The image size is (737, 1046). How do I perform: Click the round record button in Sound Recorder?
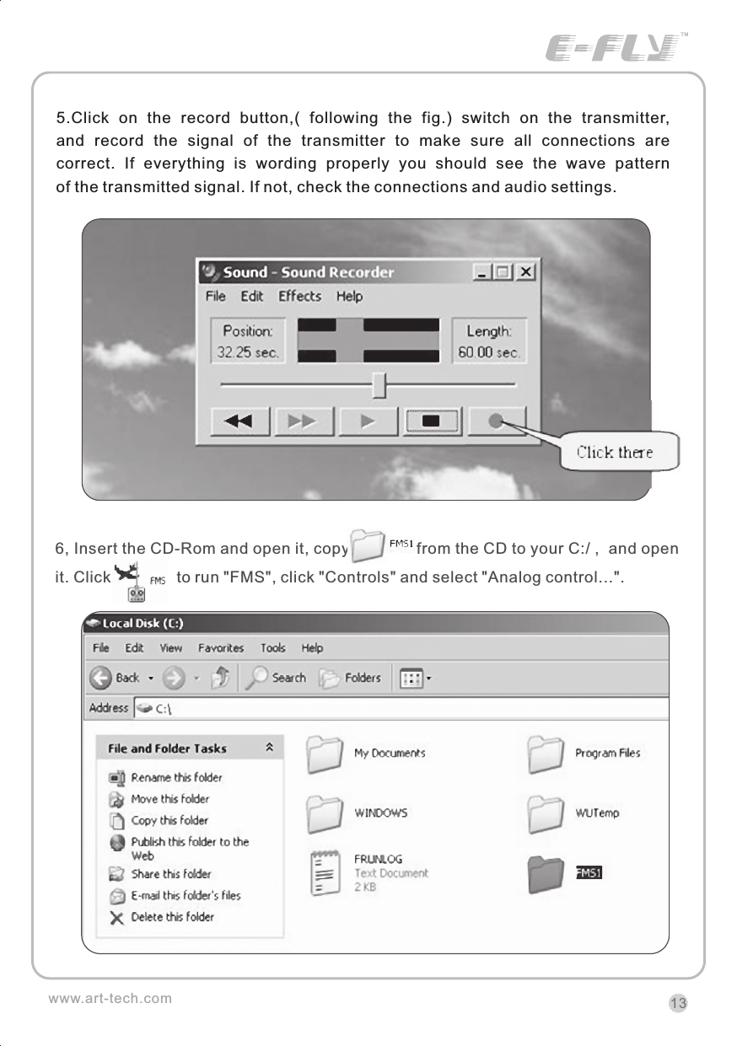[x=497, y=421]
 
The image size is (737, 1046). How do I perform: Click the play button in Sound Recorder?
[x=368, y=421]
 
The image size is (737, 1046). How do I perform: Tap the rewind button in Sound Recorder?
[x=239, y=421]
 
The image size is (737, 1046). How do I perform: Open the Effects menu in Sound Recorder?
[x=299, y=296]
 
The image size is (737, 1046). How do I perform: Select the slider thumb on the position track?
[x=379, y=384]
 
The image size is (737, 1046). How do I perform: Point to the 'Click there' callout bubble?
[x=614, y=452]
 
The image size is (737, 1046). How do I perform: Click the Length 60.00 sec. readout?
[x=489, y=341]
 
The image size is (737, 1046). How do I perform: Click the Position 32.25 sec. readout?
[x=247, y=341]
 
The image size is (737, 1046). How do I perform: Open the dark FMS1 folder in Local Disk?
[x=545, y=874]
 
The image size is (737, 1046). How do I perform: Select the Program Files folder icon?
[x=546, y=754]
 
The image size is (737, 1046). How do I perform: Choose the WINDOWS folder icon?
[x=325, y=813]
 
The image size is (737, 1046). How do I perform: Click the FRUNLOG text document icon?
[x=325, y=874]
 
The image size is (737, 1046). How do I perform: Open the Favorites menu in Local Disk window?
[x=221, y=648]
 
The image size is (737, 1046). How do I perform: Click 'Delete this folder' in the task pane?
[x=172, y=917]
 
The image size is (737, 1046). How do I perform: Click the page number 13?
[x=678, y=1003]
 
